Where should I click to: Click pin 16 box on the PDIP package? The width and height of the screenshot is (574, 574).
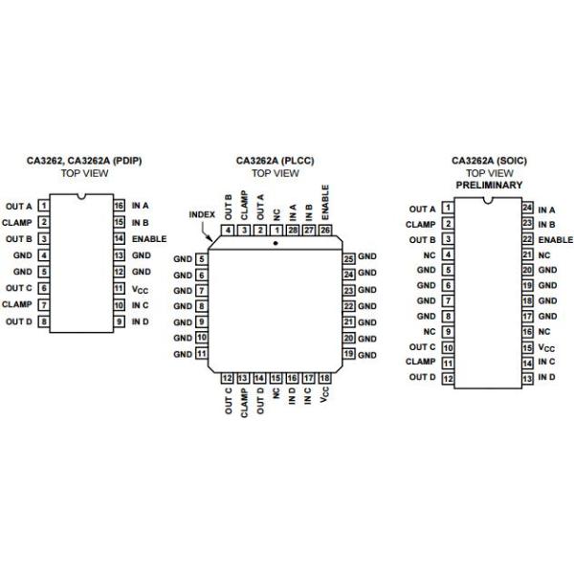point(119,206)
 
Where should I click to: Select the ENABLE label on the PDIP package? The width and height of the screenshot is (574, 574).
point(149,238)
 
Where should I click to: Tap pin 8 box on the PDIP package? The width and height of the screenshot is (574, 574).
point(44,321)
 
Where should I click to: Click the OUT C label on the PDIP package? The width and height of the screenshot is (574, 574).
point(19,288)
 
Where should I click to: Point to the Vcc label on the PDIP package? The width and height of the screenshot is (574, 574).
point(140,288)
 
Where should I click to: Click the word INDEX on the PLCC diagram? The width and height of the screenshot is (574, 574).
point(201,214)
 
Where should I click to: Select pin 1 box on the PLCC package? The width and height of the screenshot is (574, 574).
point(276,230)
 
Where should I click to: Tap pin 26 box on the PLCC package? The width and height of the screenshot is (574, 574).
point(325,230)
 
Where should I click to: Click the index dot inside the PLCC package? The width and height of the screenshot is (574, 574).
point(276,244)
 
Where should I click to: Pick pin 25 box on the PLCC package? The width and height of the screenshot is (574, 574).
point(349,258)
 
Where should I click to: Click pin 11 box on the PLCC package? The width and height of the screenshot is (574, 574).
point(202,354)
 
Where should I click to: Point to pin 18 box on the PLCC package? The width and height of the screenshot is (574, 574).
point(325,379)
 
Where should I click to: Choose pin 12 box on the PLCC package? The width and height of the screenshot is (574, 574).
point(228,379)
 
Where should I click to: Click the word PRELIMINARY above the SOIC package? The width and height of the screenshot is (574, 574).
point(489,184)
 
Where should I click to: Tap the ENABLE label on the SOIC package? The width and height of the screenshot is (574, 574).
point(556,239)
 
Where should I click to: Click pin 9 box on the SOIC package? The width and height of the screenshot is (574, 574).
point(447,331)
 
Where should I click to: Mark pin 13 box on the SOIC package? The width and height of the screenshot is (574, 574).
point(526,377)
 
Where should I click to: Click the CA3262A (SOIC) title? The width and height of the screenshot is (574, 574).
point(489,161)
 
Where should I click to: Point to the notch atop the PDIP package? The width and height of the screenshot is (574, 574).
point(81,198)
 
